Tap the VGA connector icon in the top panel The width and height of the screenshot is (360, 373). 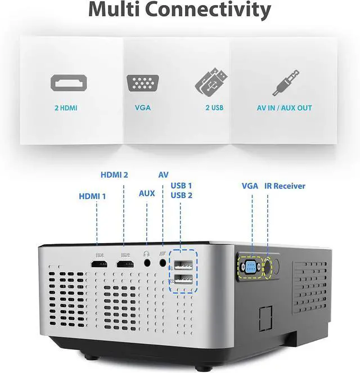[139, 83]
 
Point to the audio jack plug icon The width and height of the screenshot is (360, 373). [286, 83]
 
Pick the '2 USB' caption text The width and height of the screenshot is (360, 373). [214, 107]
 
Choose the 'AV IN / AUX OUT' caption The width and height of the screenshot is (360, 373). [284, 107]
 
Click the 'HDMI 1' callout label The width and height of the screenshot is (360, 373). [92, 196]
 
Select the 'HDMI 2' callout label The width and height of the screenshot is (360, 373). [114, 175]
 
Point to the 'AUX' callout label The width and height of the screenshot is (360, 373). [147, 193]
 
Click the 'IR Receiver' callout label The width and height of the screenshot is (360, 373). [285, 186]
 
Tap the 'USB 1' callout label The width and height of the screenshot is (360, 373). [181, 185]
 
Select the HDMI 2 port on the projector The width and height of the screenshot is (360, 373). [124, 263]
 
